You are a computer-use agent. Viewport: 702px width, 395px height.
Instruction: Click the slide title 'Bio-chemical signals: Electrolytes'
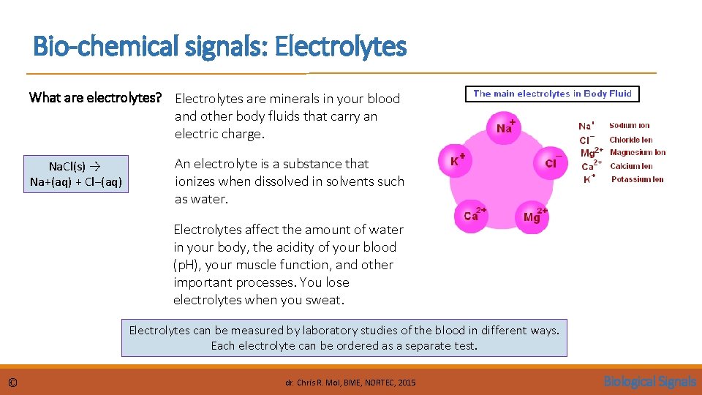(x=219, y=48)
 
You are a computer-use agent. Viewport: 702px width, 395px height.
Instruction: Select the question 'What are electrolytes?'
(x=94, y=98)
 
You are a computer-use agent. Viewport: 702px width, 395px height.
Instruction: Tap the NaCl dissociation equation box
(x=76, y=174)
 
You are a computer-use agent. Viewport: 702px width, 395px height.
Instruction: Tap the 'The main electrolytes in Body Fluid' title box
(x=552, y=94)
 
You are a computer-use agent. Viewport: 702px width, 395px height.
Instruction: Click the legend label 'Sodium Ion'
(x=629, y=126)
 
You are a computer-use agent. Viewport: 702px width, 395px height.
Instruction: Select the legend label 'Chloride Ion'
(x=631, y=140)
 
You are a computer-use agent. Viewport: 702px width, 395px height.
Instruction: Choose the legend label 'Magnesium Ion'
(x=638, y=153)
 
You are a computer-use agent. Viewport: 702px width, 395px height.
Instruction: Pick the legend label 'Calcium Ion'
(x=631, y=166)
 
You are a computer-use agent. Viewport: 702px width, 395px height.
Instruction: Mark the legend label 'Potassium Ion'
(x=637, y=179)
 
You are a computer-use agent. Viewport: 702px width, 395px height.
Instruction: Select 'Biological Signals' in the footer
(x=649, y=381)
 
